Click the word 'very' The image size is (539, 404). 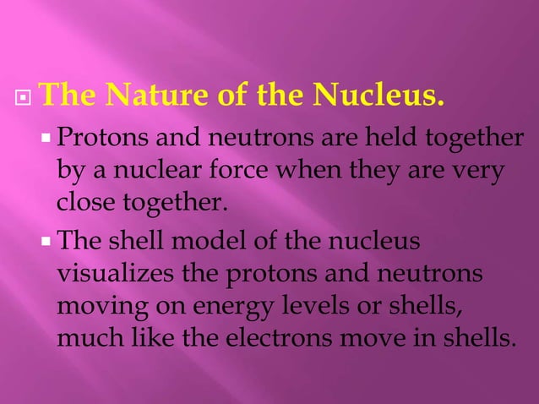pyautogui.click(x=476, y=172)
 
